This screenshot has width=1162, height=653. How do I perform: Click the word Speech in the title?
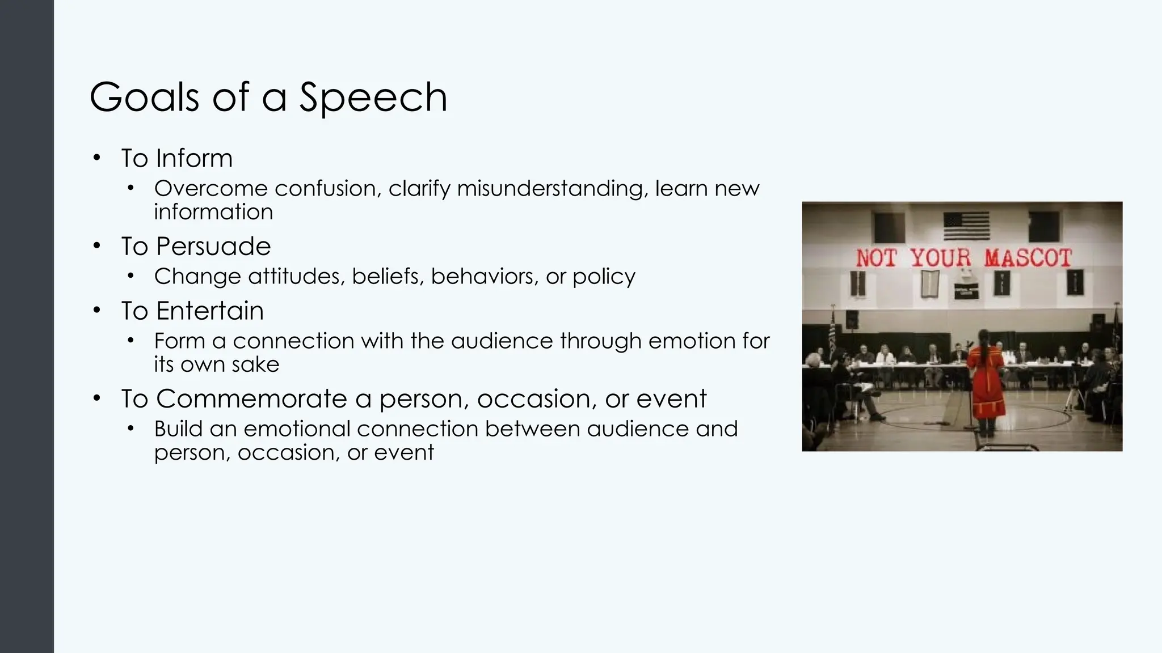pyautogui.click(x=373, y=97)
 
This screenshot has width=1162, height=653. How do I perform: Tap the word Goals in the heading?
pyautogui.click(x=144, y=97)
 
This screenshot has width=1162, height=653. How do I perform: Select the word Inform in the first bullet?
pyautogui.click(x=194, y=158)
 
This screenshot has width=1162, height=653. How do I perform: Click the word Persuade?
pyautogui.click(x=213, y=247)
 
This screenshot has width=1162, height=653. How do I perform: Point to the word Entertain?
pyautogui.click(x=209, y=311)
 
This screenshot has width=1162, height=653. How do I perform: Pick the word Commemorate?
pyautogui.click(x=251, y=398)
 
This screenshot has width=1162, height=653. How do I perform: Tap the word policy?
pyautogui.click(x=604, y=277)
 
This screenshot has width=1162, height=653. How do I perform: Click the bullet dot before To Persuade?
pyautogui.click(x=97, y=246)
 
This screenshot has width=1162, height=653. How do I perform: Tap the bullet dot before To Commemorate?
pyautogui.click(x=97, y=398)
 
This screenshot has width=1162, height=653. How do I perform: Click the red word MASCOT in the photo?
pyautogui.click(x=1028, y=258)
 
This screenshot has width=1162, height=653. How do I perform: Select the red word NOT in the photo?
pyautogui.click(x=876, y=258)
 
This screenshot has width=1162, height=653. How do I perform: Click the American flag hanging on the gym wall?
pyautogui.click(x=966, y=226)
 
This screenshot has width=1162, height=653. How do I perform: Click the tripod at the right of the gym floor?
pyautogui.click(x=1073, y=397)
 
